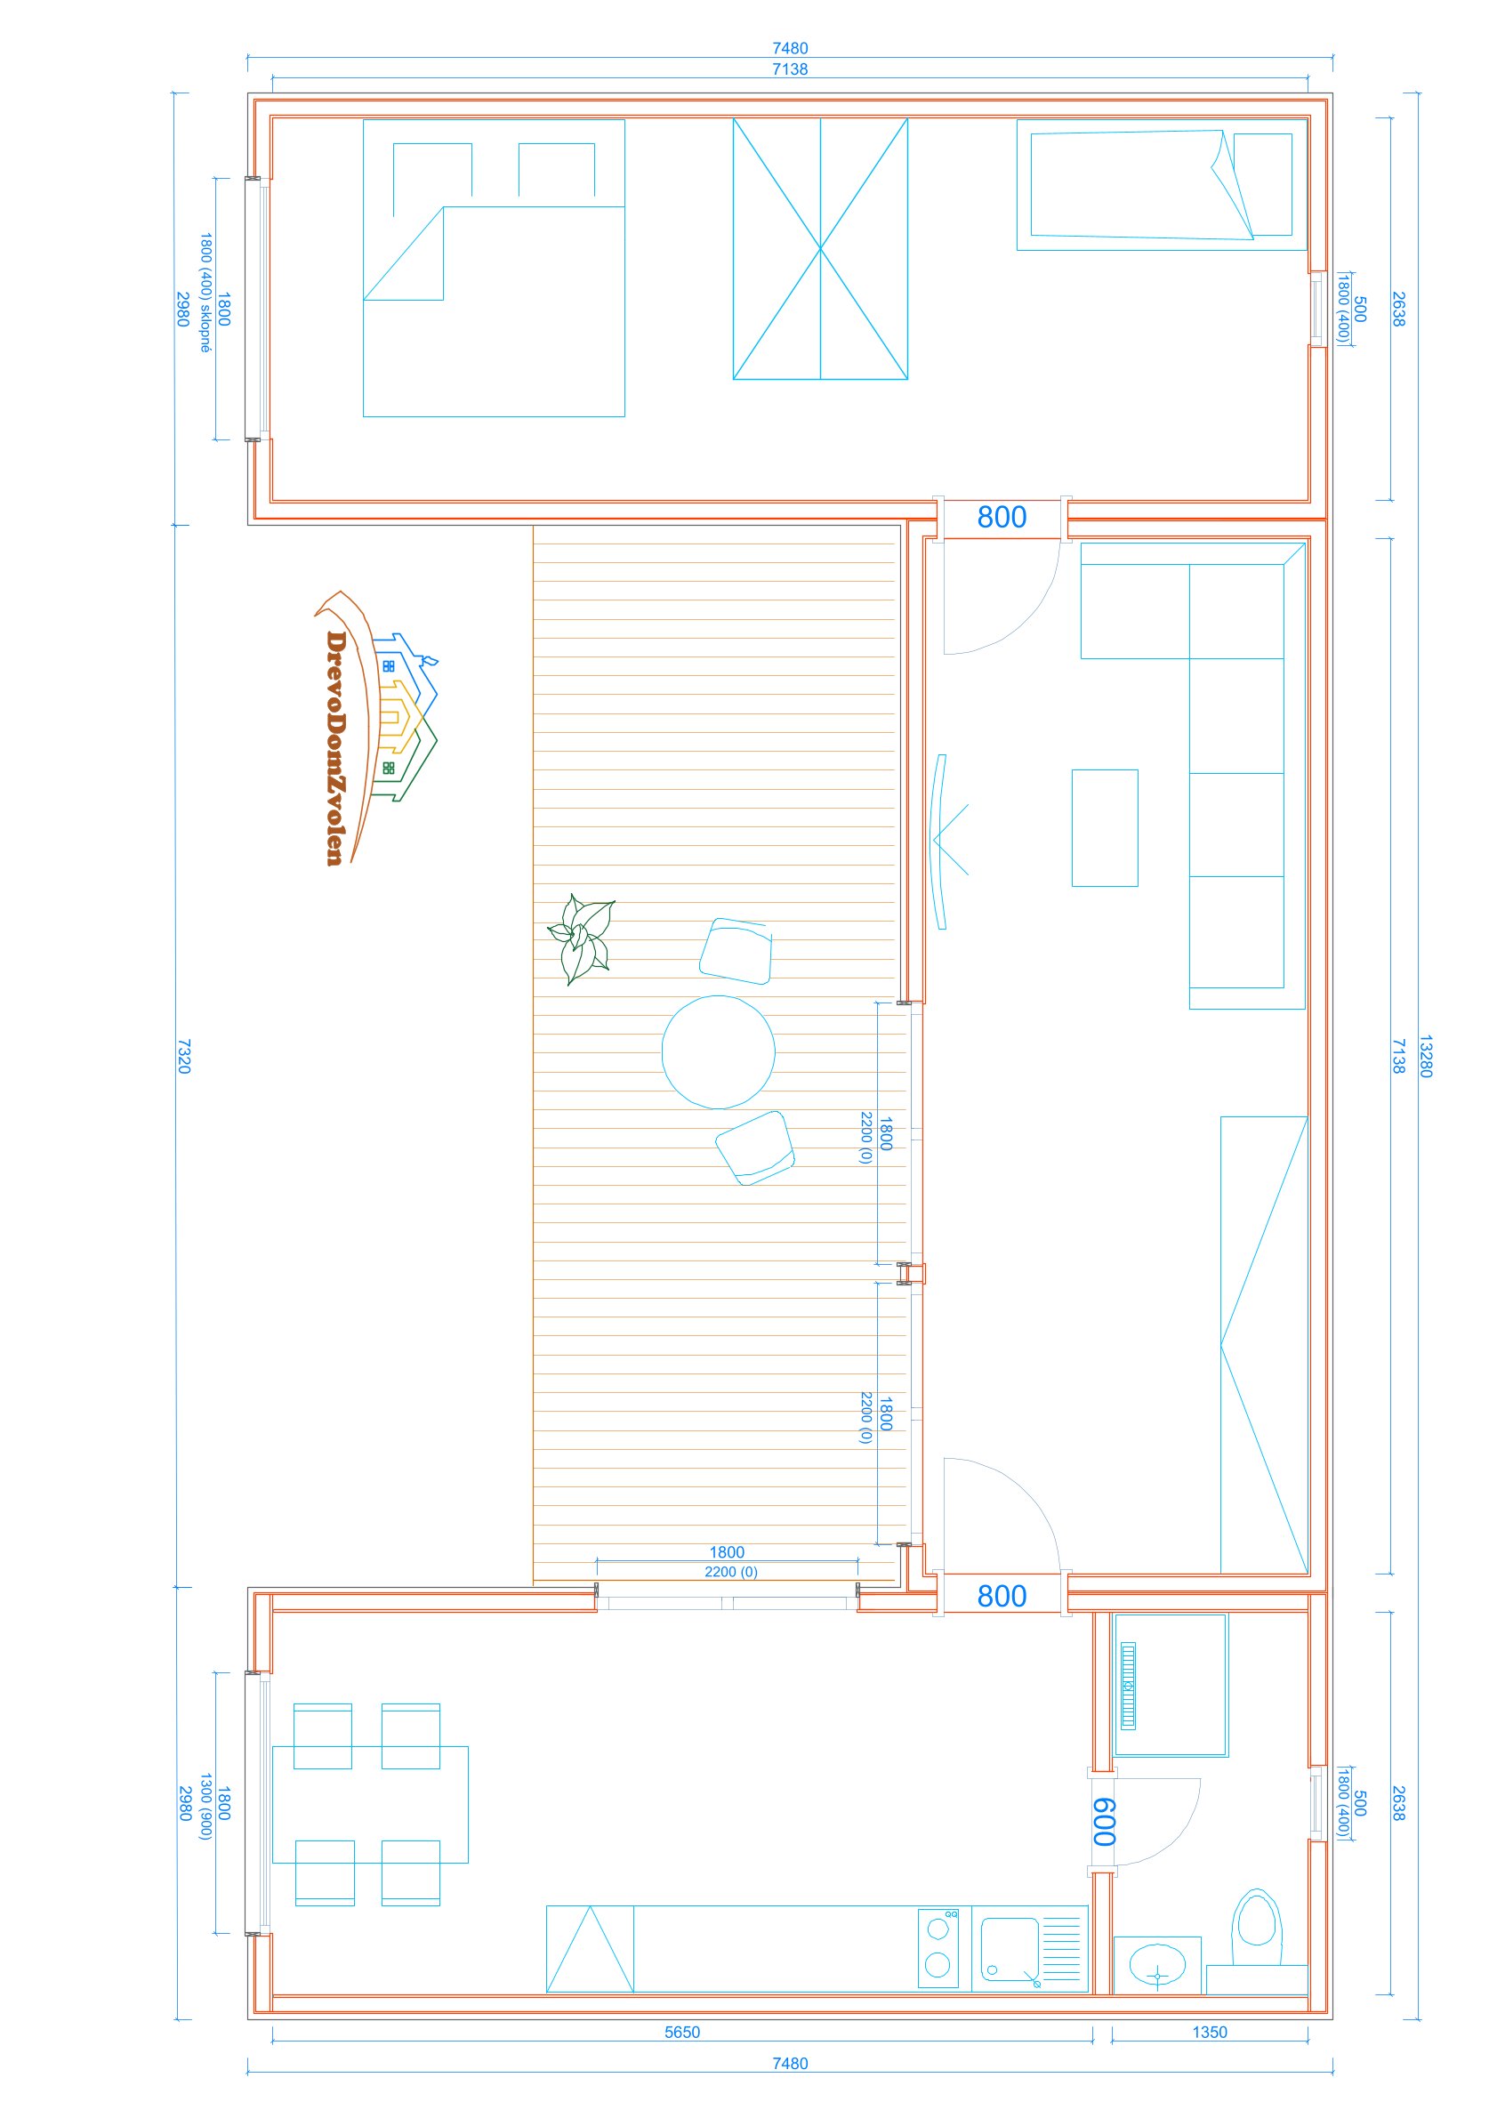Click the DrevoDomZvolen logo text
(335, 748)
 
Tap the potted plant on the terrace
(581, 939)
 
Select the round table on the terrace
(719, 1051)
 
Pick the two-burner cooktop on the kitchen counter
(938, 1948)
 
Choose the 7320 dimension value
(183, 1056)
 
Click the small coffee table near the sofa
(1104, 827)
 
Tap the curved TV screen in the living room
(940, 842)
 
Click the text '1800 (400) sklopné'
(205, 294)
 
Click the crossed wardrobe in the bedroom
(820, 249)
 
